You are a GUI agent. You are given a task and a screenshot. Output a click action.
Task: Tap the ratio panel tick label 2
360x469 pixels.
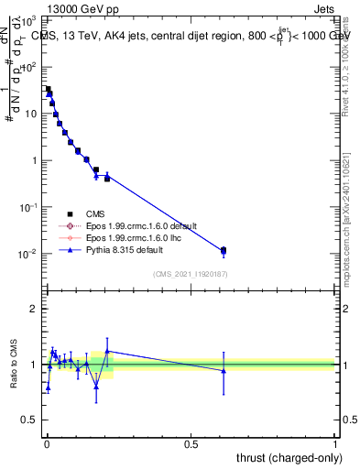tap(33, 309)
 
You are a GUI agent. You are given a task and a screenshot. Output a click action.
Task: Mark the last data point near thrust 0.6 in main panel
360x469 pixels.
tap(224, 250)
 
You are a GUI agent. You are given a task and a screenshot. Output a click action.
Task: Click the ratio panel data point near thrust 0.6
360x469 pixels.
tap(224, 370)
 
